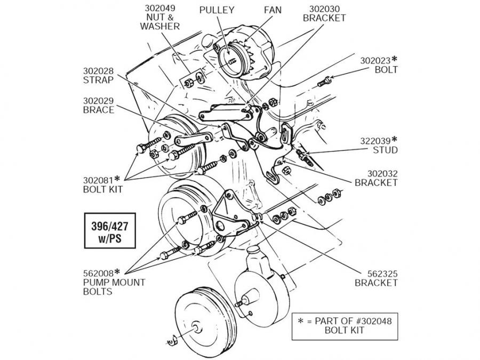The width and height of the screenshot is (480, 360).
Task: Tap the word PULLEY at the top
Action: tap(216, 10)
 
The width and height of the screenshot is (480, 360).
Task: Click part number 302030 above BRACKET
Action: tap(324, 9)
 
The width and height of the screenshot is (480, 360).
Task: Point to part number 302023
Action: tap(376, 60)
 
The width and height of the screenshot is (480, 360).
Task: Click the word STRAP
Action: tap(98, 80)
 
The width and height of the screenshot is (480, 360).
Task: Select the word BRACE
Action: tap(98, 110)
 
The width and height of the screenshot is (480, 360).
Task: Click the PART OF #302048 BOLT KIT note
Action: tap(344, 324)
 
